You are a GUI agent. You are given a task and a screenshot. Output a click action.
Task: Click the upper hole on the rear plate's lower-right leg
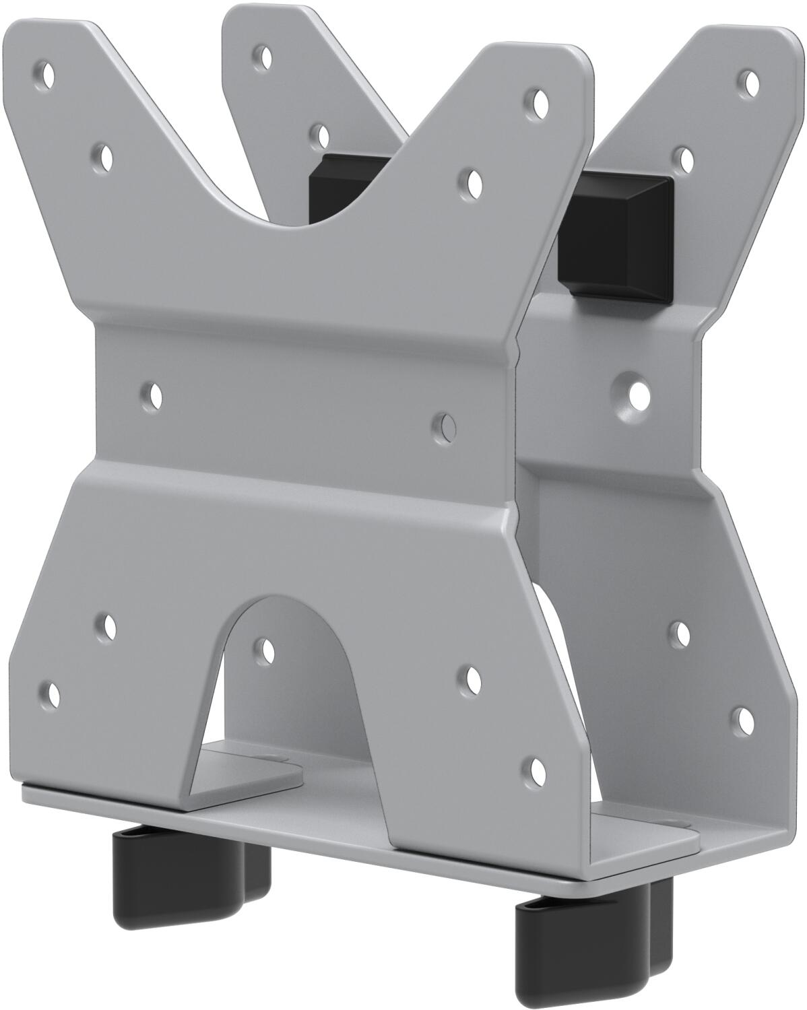(682, 632)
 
